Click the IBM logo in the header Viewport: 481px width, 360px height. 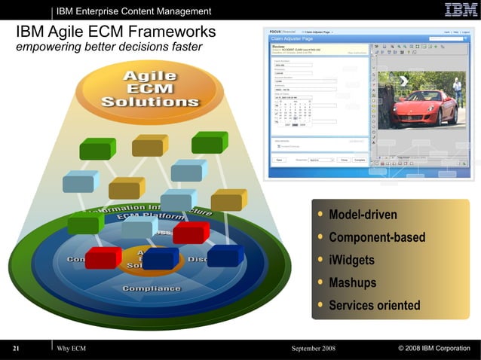(461, 10)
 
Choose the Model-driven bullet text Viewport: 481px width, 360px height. (363, 215)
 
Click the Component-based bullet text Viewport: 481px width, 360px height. (377, 238)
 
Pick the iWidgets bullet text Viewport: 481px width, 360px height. (351, 261)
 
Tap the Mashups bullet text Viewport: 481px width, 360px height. (352, 283)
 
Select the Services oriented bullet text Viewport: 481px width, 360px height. (374, 306)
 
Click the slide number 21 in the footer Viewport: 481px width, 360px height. (16, 349)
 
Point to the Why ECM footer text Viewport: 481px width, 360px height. (72, 349)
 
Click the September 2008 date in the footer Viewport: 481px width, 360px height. (313, 349)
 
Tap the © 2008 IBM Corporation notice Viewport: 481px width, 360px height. (434, 349)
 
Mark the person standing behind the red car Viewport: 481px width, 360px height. (457, 90)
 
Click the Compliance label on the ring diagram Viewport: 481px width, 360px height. (152, 288)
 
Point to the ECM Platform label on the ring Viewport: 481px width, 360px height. (150, 218)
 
